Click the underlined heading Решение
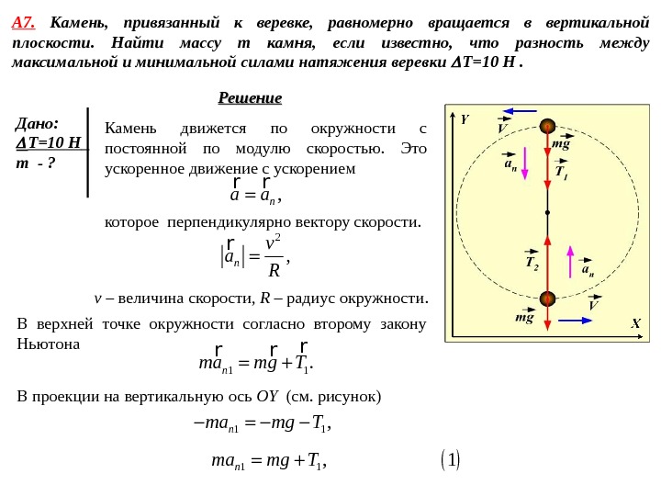click(x=250, y=98)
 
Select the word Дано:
click(x=38, y=123)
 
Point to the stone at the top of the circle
click(x=547, y=127)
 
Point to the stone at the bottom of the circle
click(x=547, y=299)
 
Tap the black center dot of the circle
click(x=547, y=212)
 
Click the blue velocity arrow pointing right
click(x=576, y=320)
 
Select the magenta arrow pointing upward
click(x=570, y=261)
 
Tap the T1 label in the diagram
click(x=562, y=172)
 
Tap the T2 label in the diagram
click(x=532, y=263)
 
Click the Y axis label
click(x=465, y=119)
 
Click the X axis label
click(x=634, y=324)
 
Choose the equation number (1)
click(x=451, y=459)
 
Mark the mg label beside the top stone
click(x=561, y=144)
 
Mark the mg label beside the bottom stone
click(x=524, y=317)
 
